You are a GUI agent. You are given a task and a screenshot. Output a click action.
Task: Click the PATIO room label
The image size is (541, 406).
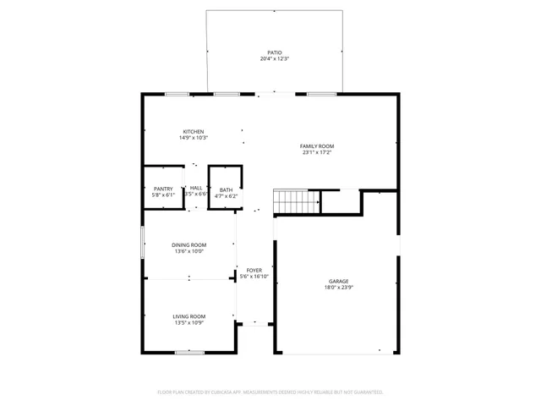(x=275, y=52)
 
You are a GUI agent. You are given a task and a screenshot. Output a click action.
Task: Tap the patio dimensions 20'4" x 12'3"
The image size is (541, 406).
(x=275, y=58)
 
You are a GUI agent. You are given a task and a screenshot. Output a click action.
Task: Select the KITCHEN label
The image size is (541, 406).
(x=194, y=131)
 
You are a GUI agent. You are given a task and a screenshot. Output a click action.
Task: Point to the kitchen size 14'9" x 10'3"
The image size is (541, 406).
(x=194, y=138)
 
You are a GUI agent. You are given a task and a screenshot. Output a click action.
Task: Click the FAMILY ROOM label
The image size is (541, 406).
(x=318, y=146)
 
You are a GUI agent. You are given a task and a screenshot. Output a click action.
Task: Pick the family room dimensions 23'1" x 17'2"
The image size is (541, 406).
(x=318, y=153)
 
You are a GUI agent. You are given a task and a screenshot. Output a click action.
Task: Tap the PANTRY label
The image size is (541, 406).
(x=163, y=189)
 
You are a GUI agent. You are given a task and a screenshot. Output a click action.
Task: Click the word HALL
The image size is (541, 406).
(x=196, y=188)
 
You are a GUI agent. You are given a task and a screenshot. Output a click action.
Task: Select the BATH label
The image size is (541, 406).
(x=226, y=189)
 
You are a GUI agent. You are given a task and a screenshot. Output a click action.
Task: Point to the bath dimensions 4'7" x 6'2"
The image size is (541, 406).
(x=226, y=195)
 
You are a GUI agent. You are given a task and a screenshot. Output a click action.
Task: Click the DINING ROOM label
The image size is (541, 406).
(x=189, y=244)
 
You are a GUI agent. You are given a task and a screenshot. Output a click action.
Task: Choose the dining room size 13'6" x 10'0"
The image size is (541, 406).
(x=189, y=251)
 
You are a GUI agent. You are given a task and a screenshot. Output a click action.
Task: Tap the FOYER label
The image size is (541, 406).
(x=254, y=270)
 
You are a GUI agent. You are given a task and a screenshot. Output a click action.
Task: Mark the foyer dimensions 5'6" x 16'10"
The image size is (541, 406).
(x=254, y=277)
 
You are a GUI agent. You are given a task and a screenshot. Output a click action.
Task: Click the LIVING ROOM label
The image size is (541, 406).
(x=189, y=315)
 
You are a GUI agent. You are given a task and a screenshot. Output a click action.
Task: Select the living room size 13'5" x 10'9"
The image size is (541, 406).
(x=189, y=322)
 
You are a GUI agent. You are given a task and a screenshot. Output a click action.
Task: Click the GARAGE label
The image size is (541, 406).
(x=339, y=281)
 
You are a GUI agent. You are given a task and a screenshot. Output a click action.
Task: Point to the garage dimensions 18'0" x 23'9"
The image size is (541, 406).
(x=339, y=288)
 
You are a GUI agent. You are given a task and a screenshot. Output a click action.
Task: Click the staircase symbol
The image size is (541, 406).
(x=296, y=202)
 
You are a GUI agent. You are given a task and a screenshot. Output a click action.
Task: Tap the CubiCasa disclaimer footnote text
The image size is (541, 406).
(x=270, y=392)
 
